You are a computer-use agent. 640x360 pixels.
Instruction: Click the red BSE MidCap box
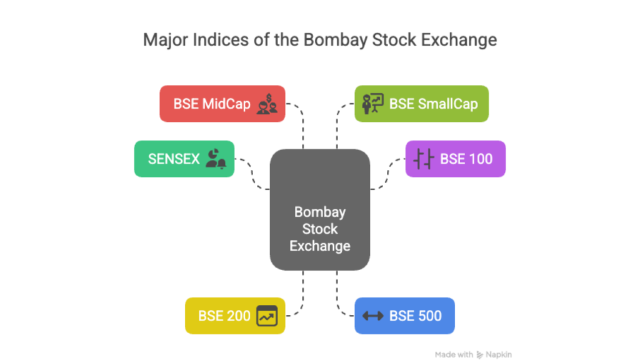point(222,104)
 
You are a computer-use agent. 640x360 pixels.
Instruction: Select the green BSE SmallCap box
point(421,104)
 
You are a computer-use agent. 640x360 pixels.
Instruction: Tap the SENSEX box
point(184,159)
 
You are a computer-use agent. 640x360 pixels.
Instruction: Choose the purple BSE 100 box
point(455,159)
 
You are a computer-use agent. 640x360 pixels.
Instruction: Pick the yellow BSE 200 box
point(235,316)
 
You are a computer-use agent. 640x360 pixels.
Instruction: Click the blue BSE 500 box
point(404,316)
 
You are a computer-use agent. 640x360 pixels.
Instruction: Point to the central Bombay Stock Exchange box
point(319,209)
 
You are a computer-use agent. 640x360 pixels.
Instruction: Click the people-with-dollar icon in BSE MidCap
point(267,104)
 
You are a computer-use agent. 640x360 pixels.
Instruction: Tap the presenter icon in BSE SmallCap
point(373,104)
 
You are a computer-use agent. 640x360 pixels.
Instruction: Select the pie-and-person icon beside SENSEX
point(216,159)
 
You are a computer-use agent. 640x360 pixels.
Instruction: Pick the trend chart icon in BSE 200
point(267,316)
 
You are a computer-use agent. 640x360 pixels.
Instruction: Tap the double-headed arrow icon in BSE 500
point(373,316)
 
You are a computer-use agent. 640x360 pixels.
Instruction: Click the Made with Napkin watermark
point(473,354)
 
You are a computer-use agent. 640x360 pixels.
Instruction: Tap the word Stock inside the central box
point(319,228)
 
